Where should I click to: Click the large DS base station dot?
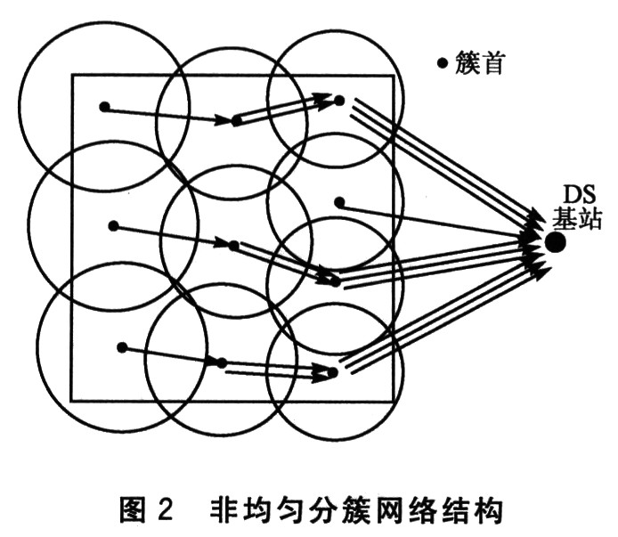(x=556, y=242)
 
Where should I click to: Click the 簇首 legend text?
(x=479, y=62)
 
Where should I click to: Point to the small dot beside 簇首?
(x=443, y=62)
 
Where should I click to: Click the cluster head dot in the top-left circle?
(x=104, y=107)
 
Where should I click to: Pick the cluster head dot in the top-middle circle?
(x=237, y=120)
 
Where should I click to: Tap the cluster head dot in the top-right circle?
(x=339, y=101)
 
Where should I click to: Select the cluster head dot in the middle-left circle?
(x=113, y=226)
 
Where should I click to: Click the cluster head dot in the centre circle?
(x=233, y=246)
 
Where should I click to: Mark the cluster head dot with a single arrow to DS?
(x=339, y=203)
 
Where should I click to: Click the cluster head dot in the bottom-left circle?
(x=122, y=347)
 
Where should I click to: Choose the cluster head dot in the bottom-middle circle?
(x=222, y=363)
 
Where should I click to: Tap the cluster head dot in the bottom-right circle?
(x=333, y=372)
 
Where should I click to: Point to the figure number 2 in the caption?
(x=166, y=509)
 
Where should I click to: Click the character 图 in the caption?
(x=133, y=509)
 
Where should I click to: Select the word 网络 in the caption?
(x=398, y=509)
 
